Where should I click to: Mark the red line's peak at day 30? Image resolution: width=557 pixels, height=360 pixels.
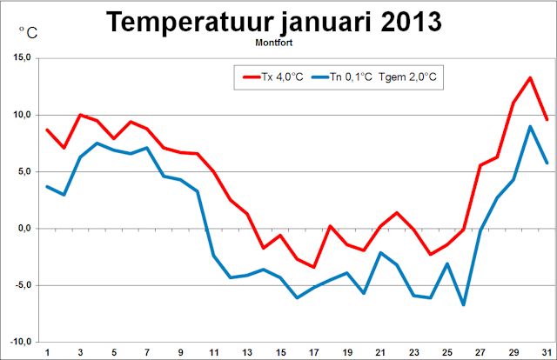pyautogui.click(x=529, y=77)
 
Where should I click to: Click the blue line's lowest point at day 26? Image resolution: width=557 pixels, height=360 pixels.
pyautogui.click(x=464, y=304)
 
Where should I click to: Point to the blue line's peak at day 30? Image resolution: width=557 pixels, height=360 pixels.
pyautogui.click(x=529, y=126)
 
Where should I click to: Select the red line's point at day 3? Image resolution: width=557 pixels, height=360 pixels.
pyautogui.click(x=80, y=115)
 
